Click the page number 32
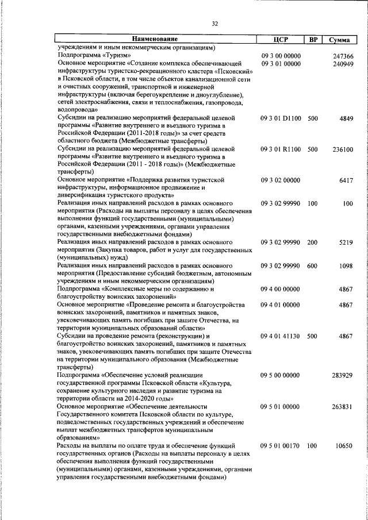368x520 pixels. click(214, 24)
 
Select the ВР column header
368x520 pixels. click(313, 39)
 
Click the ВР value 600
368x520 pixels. click(312, 266)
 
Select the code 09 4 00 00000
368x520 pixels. click(280, 289)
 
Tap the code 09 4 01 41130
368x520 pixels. click(280, 336)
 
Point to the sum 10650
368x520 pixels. click(344, 445)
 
